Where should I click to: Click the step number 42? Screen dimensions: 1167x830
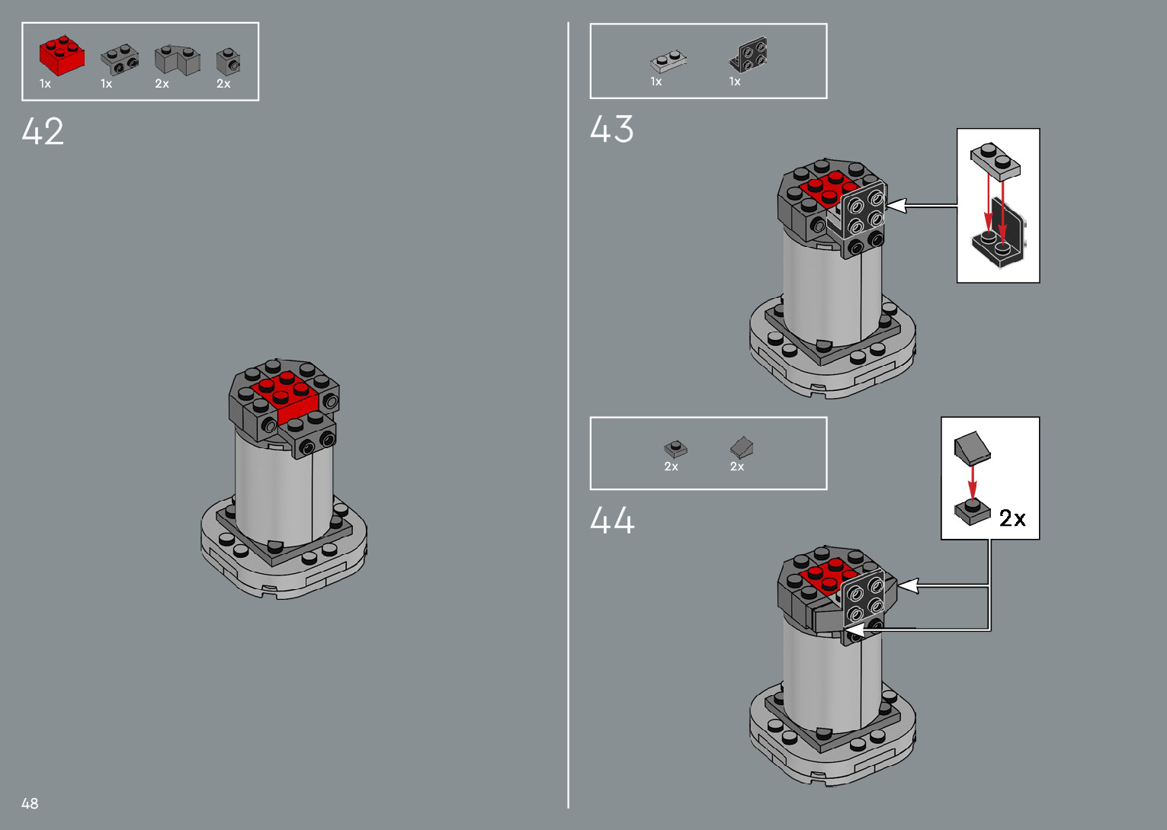click(x=43, y=131)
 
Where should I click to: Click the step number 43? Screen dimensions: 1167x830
click(x=611, y=129)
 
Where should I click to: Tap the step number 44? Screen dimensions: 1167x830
click(x=611, y=521)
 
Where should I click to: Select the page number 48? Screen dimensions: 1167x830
click(x=30, y=803)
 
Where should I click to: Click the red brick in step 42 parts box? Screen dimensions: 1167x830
click(x=61, y=56)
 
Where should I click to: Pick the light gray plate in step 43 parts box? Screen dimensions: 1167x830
click(x=668, y=61)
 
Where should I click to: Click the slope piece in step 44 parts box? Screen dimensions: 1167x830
click(x=741, y=447)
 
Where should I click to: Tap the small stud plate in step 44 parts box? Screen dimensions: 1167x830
click(x=675, y=448)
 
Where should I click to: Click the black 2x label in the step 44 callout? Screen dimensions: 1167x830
click(x=1012, y=518)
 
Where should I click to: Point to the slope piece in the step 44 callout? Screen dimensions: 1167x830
click(x=972, y=447)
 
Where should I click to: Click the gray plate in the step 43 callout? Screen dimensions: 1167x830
click(x=995, y=160)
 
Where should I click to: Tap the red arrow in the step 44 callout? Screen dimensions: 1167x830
click(x=973, y=480)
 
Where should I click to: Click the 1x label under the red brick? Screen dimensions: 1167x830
click(x=45, y=84)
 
